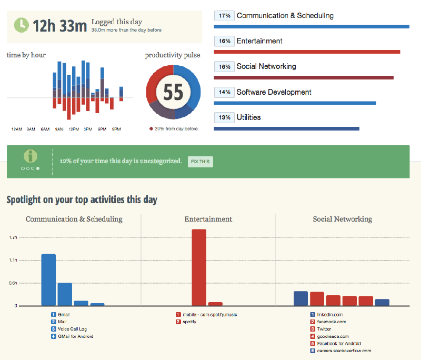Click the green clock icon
click(21, 25)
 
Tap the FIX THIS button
click(200, 162)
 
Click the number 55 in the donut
click(173, 92)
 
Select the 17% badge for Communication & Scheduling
click(224, 16)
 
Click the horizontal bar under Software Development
click(295, 103)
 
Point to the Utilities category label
click(248, 117)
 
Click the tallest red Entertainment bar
click(199, 267)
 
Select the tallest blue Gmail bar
click(48, 279)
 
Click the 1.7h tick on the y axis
click(13, 238)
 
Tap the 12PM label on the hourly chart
click(74, 129)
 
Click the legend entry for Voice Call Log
click(72, 329)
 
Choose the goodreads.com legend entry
click(332, 336)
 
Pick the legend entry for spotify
click(190, 322)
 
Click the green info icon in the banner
click(32, 156)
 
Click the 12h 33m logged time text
click(59, 25)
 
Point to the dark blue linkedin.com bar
click(300, 298)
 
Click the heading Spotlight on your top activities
click(82, 200)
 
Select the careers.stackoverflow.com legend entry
click(344, 351)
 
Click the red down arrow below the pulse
click(151, 129)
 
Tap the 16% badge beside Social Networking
click(224, 67)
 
